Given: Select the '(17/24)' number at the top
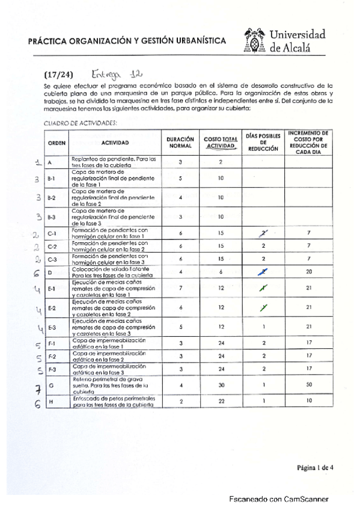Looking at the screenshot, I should [58, 75].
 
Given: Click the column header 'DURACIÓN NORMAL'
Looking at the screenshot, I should [180, 143].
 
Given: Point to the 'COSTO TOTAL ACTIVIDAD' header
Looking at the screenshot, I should [221, 143].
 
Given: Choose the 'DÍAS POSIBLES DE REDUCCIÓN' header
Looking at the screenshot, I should [263, 142].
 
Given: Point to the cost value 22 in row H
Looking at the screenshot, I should [221, 401].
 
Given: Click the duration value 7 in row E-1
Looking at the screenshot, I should [180, 288].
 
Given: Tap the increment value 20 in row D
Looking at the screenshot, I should [308, 272].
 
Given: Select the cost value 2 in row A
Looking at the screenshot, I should [221, 162].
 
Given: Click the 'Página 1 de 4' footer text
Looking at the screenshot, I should [315, 467].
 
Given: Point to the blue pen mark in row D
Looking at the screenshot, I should [263, 272].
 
